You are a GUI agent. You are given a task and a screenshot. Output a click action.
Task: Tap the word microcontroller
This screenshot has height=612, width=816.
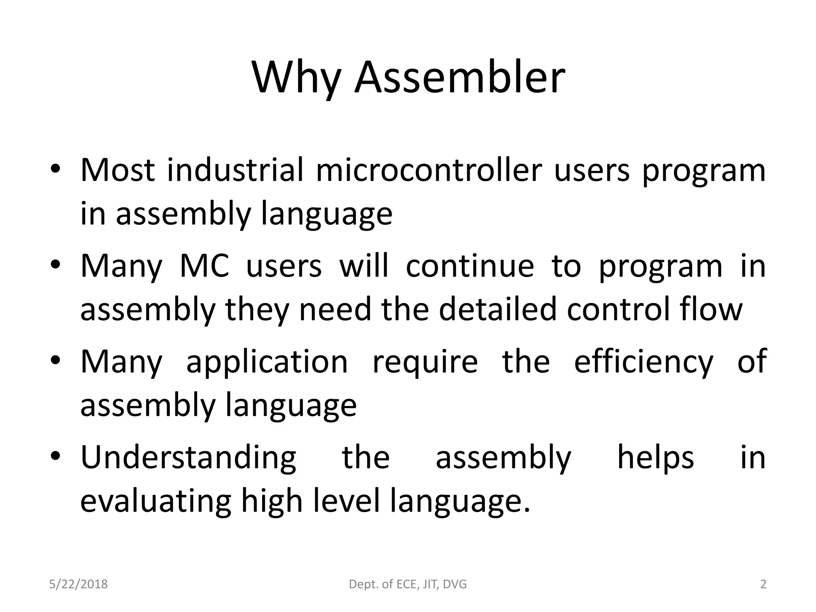429,170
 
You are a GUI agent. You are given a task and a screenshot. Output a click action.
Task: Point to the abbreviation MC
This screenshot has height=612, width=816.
204,266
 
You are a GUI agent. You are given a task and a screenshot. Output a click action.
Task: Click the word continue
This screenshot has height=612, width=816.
470,266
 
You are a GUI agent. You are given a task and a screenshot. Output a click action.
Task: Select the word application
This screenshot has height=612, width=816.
267,362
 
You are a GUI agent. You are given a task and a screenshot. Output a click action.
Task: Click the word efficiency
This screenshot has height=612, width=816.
643,362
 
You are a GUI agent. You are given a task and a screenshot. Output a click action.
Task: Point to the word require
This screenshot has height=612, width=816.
425,362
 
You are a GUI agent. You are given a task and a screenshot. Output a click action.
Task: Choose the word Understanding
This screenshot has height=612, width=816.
188,458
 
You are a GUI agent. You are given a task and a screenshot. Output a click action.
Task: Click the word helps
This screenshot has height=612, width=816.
655,457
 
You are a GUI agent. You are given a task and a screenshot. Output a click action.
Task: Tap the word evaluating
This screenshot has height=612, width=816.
156,501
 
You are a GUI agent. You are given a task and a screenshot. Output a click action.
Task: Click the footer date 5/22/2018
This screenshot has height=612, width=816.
78,584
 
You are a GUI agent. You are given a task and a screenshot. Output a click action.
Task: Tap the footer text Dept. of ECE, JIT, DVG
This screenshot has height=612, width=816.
408,584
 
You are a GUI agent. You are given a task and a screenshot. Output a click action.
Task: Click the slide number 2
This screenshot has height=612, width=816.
763,584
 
